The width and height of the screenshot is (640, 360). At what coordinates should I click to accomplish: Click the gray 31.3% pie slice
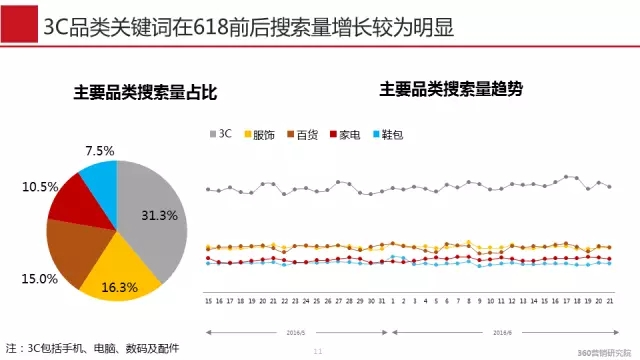point(150,215)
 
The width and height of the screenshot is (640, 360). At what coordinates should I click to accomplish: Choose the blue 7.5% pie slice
point(99,177)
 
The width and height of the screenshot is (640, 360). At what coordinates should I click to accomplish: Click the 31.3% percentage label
point(159,215)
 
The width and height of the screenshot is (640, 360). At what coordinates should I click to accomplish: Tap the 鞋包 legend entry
point(385,133)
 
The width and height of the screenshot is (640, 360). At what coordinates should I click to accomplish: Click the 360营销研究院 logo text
point(604,352)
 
